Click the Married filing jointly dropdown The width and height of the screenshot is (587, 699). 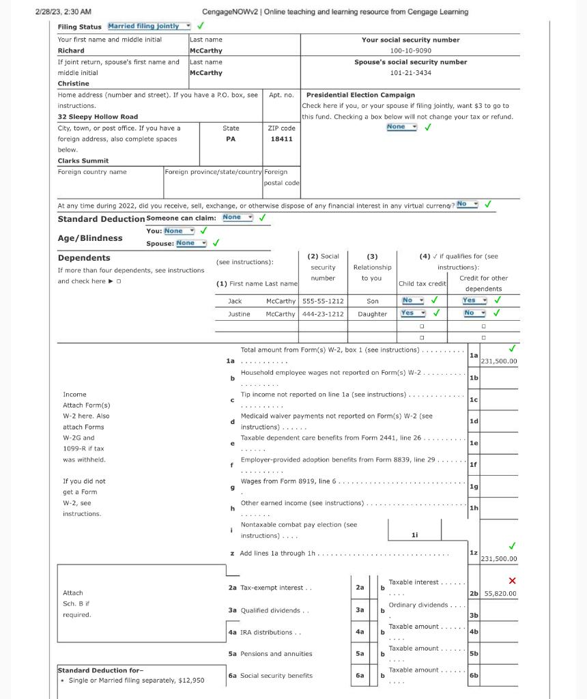[x=149, y=26]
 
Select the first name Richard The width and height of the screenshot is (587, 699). [x=71, y=51]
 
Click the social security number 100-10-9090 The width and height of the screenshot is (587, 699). [x=410, y=51]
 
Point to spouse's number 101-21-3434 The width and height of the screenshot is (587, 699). [x=410, y=72]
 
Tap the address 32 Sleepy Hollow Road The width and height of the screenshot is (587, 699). [x=98, y=117]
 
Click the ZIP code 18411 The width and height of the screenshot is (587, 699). [x=281, y=139]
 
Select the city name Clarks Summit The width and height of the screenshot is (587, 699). [x=83, y=160]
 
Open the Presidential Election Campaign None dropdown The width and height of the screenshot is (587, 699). [x=401, y=127]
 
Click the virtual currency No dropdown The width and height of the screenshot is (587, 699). [x=467, y=204]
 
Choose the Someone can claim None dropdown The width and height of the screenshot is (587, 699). [x=238, y=218]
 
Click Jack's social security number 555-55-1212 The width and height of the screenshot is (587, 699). [x=323, y=301]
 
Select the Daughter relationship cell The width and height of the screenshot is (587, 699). [x=372, y=314]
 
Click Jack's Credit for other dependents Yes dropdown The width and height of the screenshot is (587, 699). [x=474, y=300]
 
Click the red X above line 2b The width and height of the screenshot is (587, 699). [x=512, y=581]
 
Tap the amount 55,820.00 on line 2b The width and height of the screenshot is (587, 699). [x=500, y=594]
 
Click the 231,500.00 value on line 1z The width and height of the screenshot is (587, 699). [x=499, y=559]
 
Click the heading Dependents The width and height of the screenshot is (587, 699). [x=84, y=258]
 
